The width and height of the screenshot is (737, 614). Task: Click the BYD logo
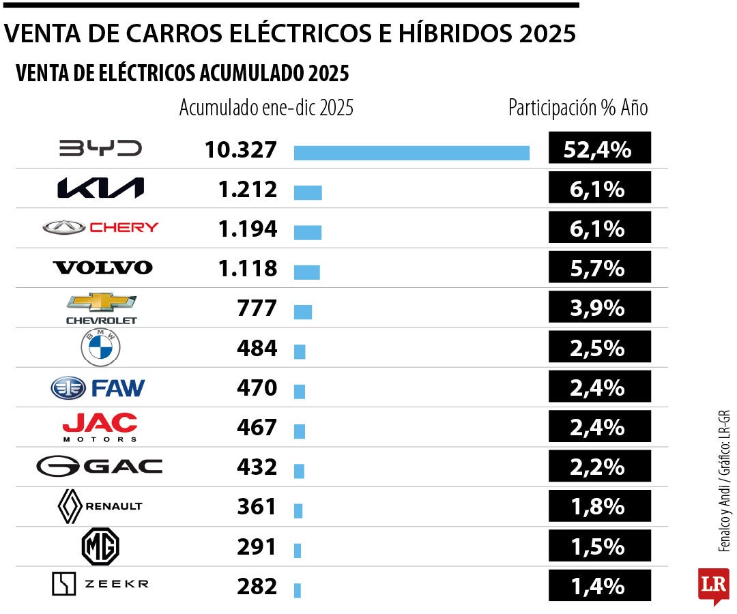pos(100,148)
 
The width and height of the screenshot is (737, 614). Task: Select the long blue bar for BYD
pos(411,153)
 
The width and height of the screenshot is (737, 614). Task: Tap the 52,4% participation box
pos(599,148)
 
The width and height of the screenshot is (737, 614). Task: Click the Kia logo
pos(100,188)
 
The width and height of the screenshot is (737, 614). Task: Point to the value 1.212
pos(247,189)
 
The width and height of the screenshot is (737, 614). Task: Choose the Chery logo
pos(100,227)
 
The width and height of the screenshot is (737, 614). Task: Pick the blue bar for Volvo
pos(306,272)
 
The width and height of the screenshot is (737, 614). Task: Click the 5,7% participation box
pos(599,267)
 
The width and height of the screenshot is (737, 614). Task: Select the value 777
pos(257,308)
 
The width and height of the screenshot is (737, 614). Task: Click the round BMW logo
pos(100,349)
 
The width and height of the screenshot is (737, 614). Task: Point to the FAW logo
pos(98,388)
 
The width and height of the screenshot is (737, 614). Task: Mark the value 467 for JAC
pos(257,428)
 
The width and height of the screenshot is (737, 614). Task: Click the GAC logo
pos(100,467)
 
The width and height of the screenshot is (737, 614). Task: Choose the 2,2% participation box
pos(599,467)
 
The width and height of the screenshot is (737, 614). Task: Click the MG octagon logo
pos(100,546)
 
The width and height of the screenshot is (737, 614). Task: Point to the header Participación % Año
pos(577,108)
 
